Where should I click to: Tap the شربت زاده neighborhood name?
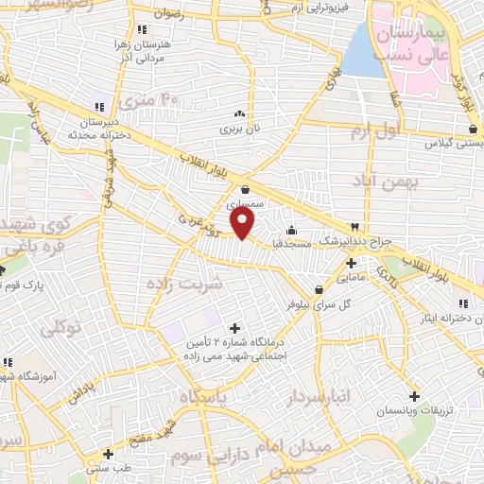tap(185, 283)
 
